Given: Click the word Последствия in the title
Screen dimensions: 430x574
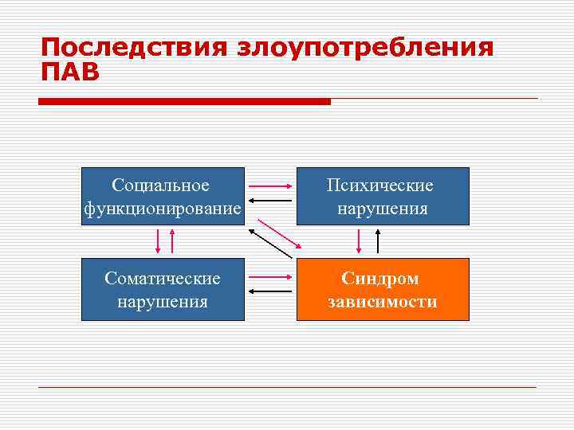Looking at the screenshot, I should coord(135,47).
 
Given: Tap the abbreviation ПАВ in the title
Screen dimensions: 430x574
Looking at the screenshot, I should coord(71,72).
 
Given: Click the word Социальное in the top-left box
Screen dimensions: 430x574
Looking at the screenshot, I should coord(161,186).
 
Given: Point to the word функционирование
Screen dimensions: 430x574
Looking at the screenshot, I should coord(163,209).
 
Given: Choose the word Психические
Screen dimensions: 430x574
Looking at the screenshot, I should coord(382,186).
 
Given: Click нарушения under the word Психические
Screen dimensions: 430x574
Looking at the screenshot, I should coord(382,209).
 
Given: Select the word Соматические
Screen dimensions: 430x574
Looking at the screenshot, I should coord(163,279).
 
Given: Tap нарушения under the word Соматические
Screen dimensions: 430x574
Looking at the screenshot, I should coord(163,302).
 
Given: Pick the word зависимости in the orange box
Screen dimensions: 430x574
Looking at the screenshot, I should coord(382,302).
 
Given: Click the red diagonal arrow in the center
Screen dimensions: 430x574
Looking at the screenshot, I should coord(280,233).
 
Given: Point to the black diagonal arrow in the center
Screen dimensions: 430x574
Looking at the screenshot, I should coord(270,244).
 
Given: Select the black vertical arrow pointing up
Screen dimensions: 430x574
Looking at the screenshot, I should coord(378,241).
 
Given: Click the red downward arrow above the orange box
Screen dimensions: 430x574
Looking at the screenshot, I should coord(358,241).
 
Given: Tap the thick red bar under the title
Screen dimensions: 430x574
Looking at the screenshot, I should coord(184,102).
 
